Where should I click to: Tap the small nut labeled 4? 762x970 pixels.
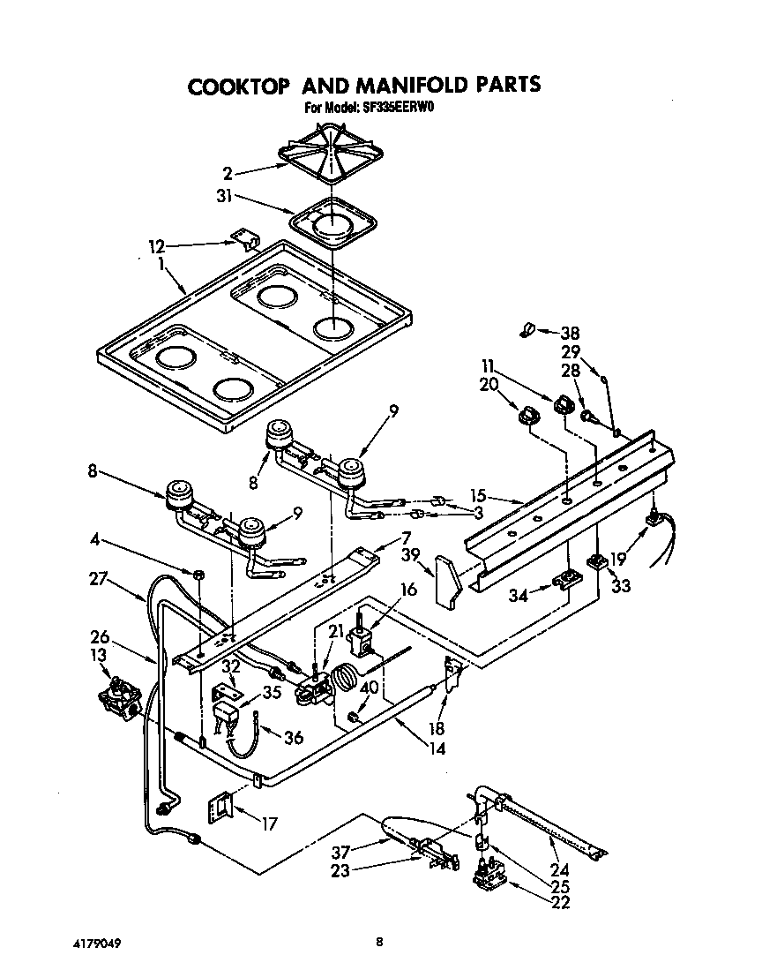[x=199, y=575]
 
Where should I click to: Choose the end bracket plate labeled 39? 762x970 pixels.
[x=449, y=580]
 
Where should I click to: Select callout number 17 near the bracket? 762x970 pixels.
[x=268, y=823]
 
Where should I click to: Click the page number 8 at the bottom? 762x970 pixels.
[x=380, y=942]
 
